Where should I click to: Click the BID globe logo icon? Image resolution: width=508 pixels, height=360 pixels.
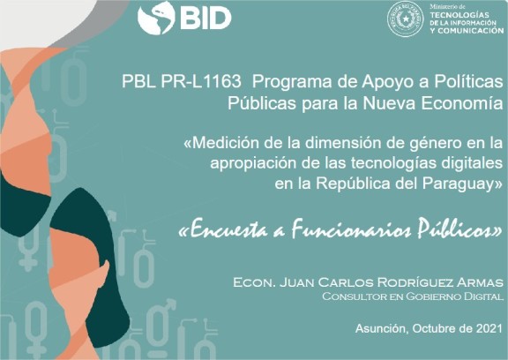click(156, 18)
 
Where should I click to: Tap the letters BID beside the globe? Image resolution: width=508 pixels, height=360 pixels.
click(205, 19)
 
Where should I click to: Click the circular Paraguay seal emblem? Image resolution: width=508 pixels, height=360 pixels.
click(406, 19)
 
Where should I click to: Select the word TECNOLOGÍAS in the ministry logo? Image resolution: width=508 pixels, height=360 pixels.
click(459, 15)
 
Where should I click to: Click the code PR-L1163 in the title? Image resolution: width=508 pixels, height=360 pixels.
click(201, 81)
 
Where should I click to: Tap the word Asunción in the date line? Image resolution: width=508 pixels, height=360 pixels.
click(382, 329)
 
